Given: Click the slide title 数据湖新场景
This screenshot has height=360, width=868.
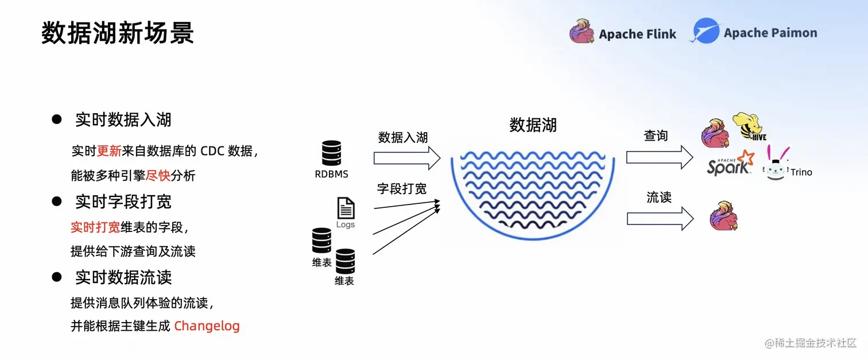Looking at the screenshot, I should pos(118,33).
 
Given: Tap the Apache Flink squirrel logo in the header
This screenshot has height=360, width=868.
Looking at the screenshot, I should pos(582,32).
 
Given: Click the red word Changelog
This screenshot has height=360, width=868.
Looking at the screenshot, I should pos(207,326).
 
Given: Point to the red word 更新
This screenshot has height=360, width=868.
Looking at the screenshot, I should pos(109,151).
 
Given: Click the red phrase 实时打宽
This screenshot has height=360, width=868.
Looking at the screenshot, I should pos(95,227).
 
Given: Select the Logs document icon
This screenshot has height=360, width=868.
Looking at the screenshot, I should pos(346,208).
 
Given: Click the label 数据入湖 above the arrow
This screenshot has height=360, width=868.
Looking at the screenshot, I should pos(403,138).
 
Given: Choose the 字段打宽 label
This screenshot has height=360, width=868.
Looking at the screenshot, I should pos(402,188).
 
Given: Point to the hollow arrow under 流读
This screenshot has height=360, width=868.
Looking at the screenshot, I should pos(660,219).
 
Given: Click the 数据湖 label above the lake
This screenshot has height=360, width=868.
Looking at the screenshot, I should pos(533,125).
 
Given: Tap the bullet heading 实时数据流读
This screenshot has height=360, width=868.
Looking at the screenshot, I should pos(123,277).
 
